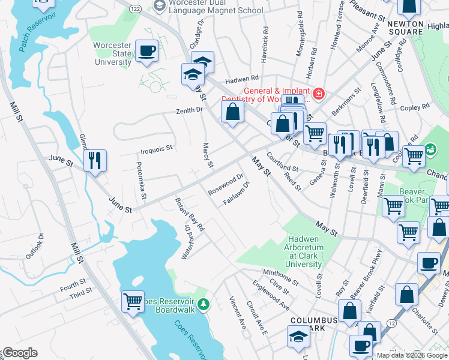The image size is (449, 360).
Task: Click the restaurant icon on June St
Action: coord(95,160)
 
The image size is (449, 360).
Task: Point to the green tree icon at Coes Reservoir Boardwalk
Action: coord(203,305)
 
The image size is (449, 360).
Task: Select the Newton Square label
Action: coord(406,28)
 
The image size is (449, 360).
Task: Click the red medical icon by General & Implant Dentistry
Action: coord(318,92)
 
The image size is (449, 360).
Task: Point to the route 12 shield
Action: coord(391,323)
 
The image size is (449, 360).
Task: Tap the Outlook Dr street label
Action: coord(35,246)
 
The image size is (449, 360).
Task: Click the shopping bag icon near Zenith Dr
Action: coord(232,111)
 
